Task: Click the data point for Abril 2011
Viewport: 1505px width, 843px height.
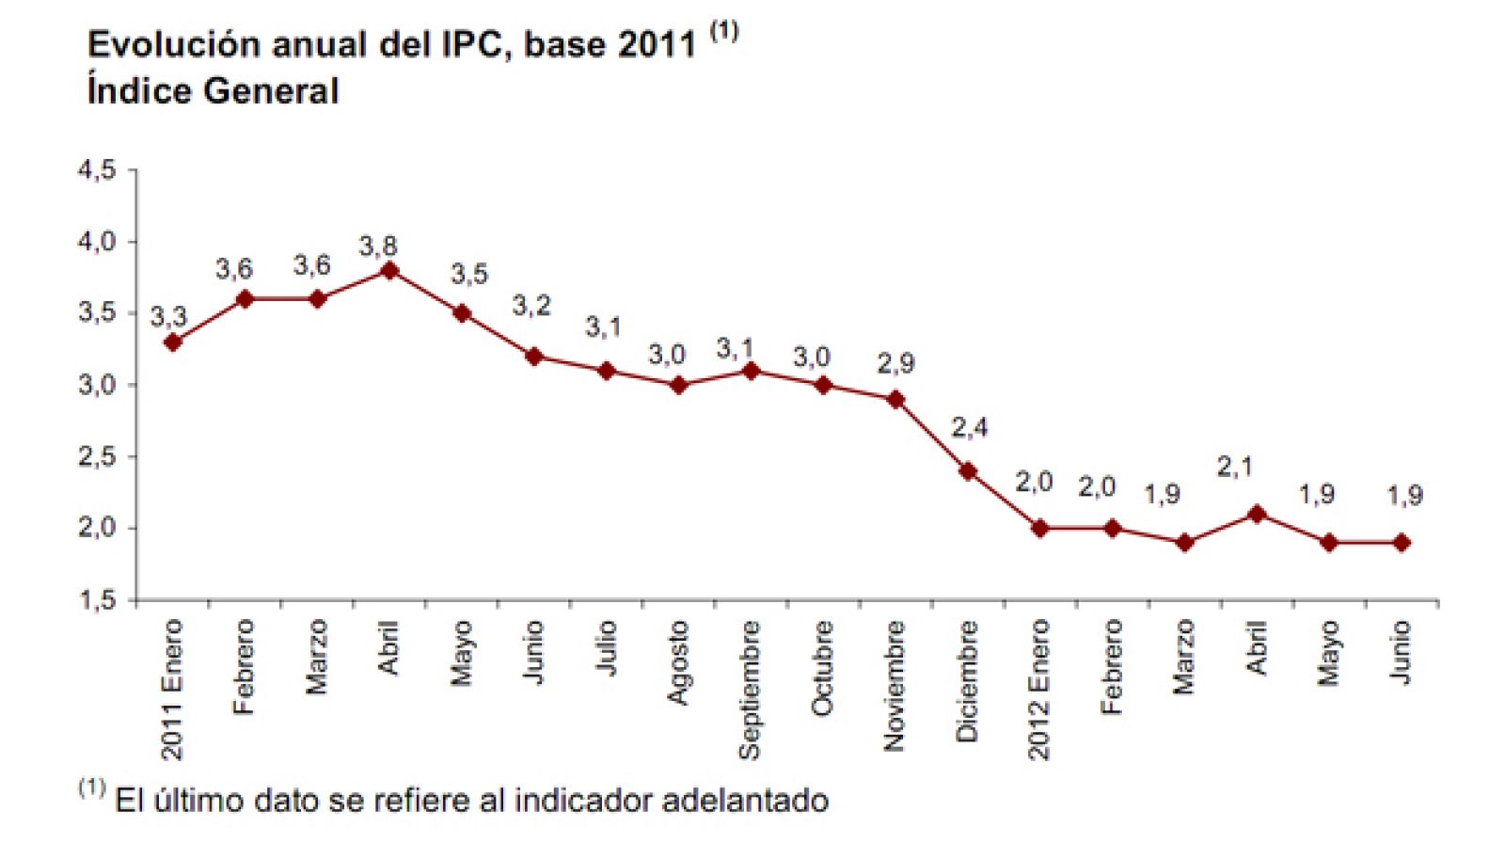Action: (389, 271)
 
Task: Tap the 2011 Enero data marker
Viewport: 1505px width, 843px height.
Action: (172, 342)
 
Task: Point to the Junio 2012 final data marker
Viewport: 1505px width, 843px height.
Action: (1402, 543)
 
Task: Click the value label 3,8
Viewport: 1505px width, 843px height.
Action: (378, 247)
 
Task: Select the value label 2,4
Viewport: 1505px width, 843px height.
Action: (970, 428)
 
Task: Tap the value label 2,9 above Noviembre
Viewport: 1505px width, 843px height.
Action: (895, 363)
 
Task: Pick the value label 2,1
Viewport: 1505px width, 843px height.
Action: (1235, 467)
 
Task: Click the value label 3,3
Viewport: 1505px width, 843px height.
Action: (168, 317)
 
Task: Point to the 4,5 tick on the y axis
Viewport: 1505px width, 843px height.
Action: (97, 170)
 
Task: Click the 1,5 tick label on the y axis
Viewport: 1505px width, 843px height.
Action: (97, 600)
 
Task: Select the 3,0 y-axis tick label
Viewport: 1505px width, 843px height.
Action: (97, 385)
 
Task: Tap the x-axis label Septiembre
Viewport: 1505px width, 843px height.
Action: (749, 690)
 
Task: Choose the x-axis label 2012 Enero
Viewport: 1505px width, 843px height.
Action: (1038, 690)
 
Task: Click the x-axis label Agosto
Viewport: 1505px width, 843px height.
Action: (677, 662)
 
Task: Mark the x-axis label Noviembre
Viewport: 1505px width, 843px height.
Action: (894, 686)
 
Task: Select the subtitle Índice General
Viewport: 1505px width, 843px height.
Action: (213, 91)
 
